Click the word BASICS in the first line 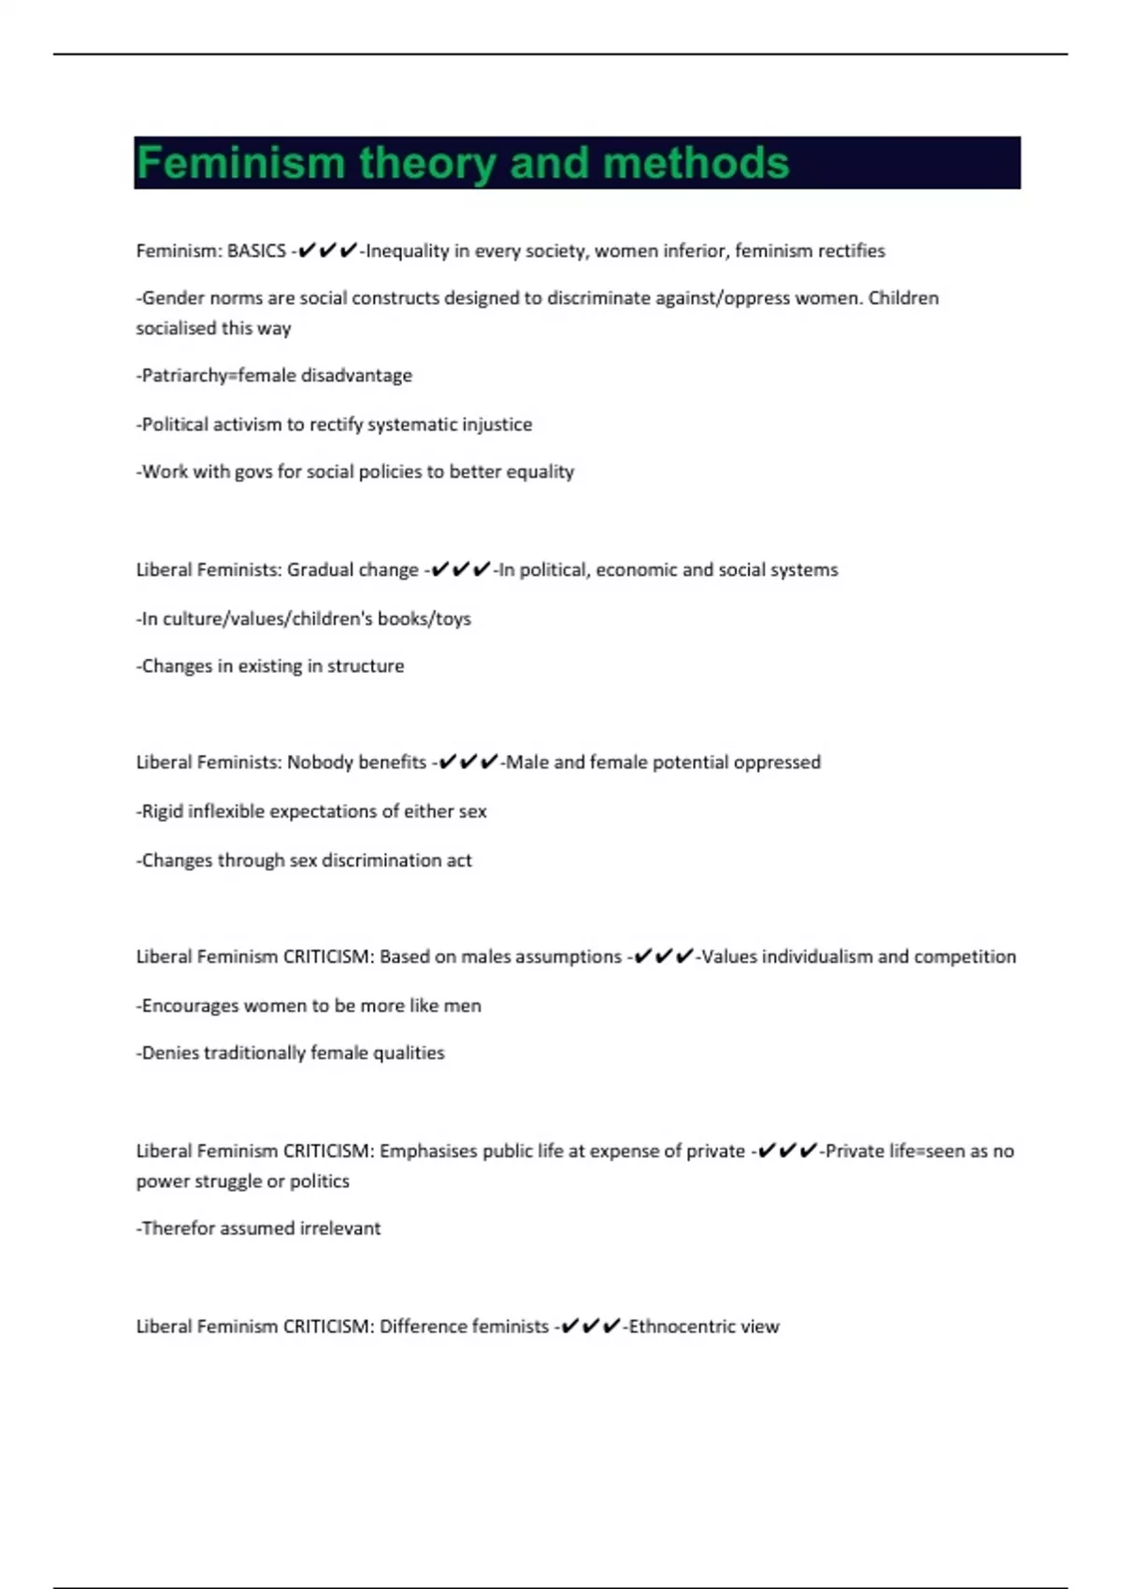256,251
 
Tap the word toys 453,619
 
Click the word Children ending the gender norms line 903,298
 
